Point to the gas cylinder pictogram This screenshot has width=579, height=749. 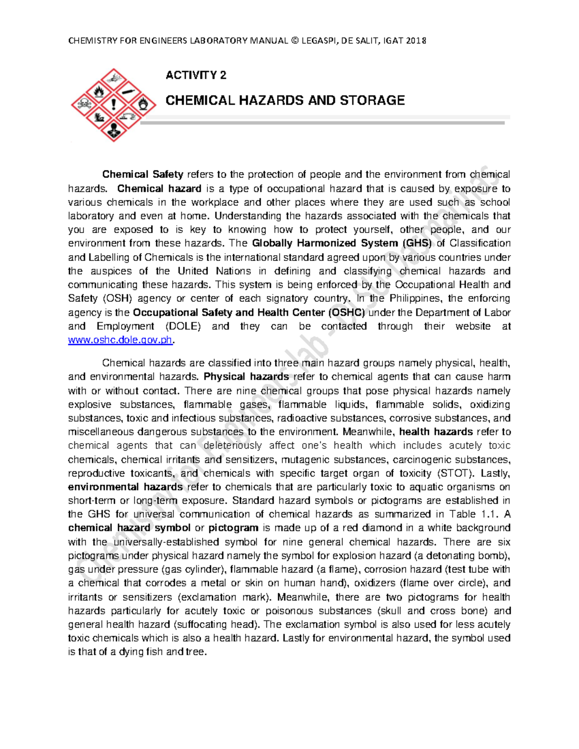coord(128,90)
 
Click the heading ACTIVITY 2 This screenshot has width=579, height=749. coord(196,75)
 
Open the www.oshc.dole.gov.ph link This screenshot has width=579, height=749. coord(120,340)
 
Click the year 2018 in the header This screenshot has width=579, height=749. coord(415,41)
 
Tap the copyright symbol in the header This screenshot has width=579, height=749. coord(294,41)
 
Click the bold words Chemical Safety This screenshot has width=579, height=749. coord(142,174)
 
